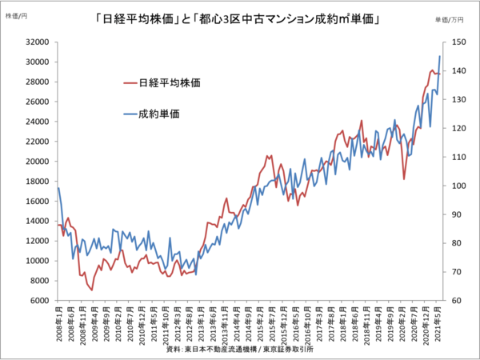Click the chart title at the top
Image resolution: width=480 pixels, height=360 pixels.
point(240,18)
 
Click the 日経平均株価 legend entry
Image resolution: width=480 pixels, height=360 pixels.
point(169,82)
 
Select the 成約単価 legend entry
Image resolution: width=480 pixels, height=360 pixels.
point(159,114)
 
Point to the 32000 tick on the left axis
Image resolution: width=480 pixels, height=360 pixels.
point(37,42)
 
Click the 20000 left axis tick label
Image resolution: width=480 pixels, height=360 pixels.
point(37,162)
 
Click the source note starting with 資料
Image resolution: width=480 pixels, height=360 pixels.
point(240,350)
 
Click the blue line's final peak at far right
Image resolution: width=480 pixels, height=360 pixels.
point(440,56)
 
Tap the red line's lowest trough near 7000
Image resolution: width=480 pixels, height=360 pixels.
point(92,290)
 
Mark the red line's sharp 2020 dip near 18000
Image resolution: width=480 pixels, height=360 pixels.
point(404,179)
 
